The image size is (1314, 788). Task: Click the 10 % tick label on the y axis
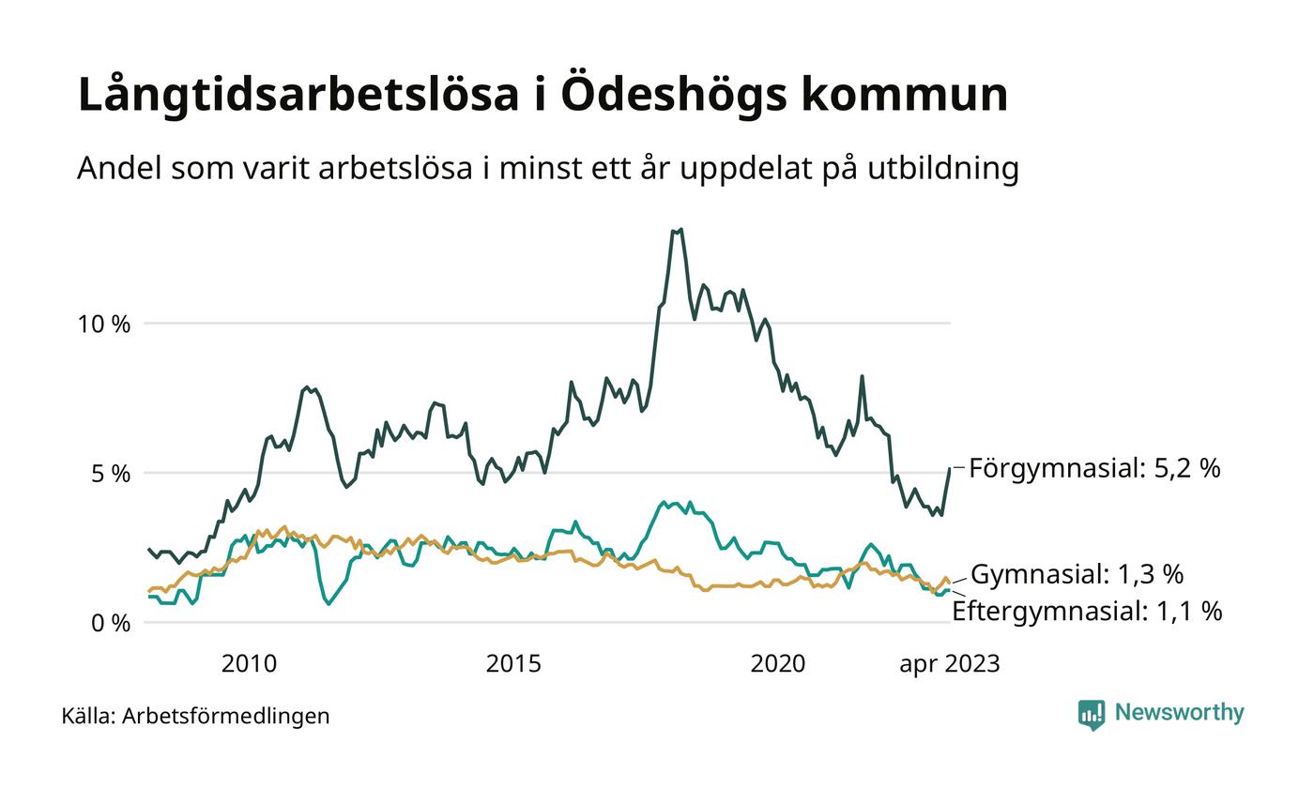pos(103,325)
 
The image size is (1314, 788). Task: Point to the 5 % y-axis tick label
pos(110,474)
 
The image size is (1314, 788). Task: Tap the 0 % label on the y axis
pos(110,623)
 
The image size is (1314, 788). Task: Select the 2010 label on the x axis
pos(249,664)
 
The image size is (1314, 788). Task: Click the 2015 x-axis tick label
pos(513,664)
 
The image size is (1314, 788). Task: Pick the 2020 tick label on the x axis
pos(778,664)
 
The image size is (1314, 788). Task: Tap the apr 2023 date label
pos(949,664)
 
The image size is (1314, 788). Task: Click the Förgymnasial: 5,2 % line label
pos(1094,468)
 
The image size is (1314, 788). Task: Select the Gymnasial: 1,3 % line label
pos(1077,574)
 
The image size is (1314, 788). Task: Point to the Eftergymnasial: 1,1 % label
pos(1087,612)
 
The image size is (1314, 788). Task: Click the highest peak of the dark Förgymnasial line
pos(680,229)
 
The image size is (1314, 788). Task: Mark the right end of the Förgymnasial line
pos(950,468)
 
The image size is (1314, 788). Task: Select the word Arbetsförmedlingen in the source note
pos(226,716)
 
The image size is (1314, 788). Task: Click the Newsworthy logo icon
pos(1092,714)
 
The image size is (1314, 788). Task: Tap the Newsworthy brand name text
pos(1179,713)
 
